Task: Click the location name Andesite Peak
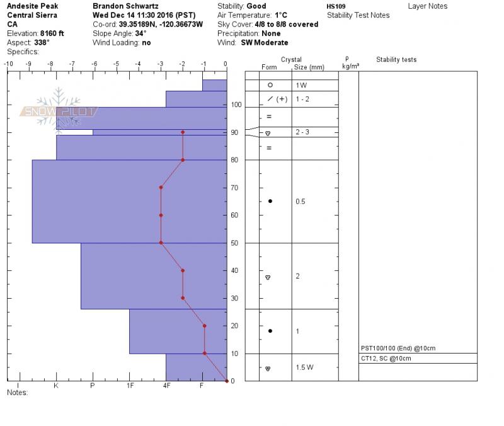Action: pyautogui.click(x=29, y=6)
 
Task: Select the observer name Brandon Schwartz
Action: pyautogui.click(x=125, y=6)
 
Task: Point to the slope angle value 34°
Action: pyautogui.click(x=140, y=33)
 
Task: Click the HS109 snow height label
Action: pyautogui.click(x=336, y=6)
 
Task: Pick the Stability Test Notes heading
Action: pyautogui.click(x=358, y=15)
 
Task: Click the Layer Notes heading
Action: pyautogui.click(x=428, y=6)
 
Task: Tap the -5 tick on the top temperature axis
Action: pyautogui.click(x=117, y=64)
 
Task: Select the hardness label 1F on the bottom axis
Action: pyautogui.click(x=130, y=385)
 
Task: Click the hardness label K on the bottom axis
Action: pyautogui.click(x=56, y=385)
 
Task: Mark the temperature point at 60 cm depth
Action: pyautogui.click(x=161, y=215)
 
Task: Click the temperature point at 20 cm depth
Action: pyautogui.click(x=205, y=326)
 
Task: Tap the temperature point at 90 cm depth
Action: pyautogui.click(x=183, y=132)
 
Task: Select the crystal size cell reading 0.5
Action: pyautogui.click(x=300, y=202)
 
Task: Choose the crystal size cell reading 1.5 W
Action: pyautogui.click(x=305, y=367)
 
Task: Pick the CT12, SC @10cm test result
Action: pyautogui.click(x=386, y=359)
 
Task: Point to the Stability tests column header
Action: pyautogui.click(x=396, y=60)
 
